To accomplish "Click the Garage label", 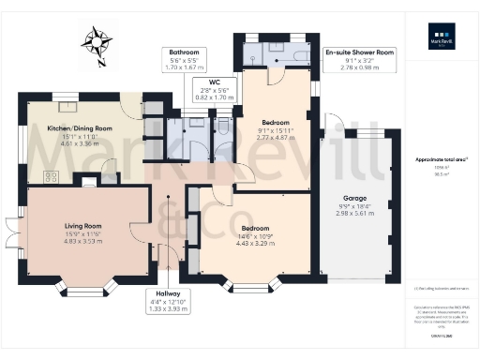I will (355, 198).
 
